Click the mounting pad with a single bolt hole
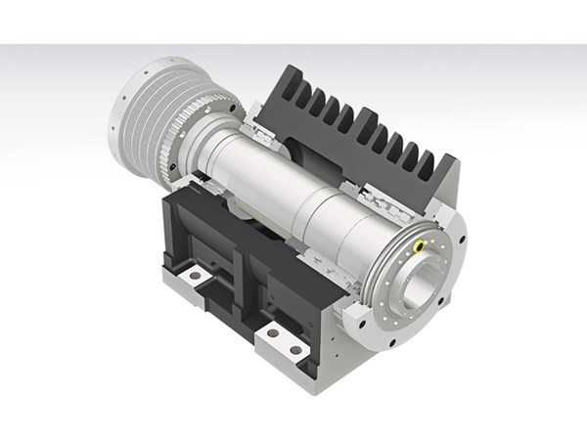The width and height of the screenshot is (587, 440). coord(196,279)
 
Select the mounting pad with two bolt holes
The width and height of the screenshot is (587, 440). coord(285,342)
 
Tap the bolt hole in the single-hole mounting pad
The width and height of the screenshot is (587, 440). coord(196,278)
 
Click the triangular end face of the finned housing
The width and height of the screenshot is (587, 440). coord(445,196)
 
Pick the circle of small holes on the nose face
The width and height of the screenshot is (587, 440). coord(411,293)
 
